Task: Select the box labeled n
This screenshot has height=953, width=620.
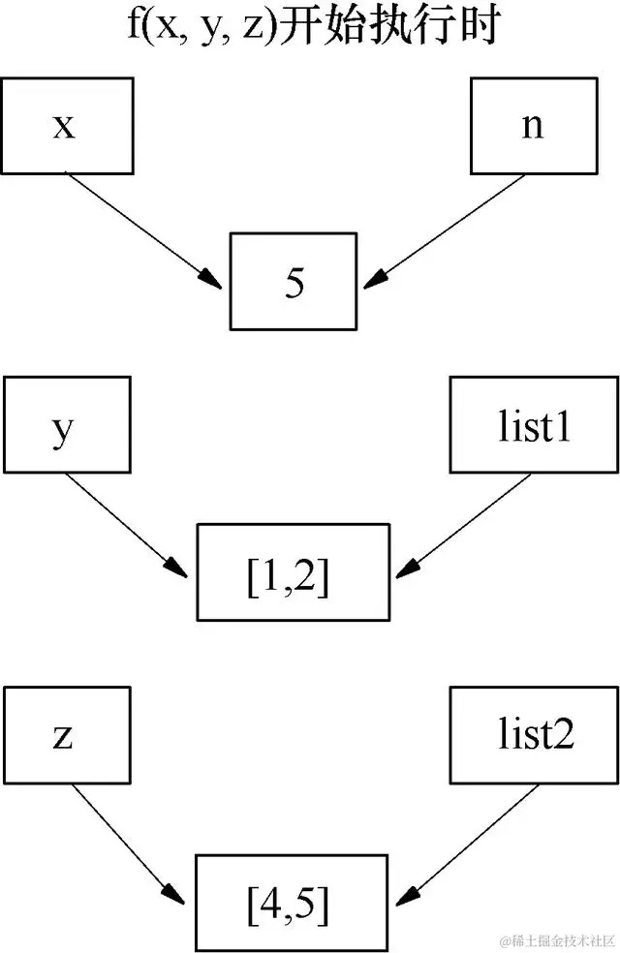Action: (x=532, y=127)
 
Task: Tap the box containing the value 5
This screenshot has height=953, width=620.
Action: (x=294, y=282)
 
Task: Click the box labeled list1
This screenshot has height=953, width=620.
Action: (x=531, y=427)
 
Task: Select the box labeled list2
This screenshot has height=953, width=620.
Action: (x=531, y=735)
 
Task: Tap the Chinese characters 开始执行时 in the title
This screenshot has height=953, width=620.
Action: (x=387, y=26)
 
